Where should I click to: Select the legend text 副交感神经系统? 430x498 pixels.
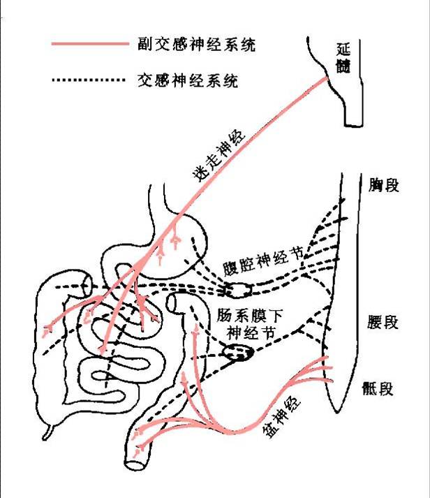pos(196,45)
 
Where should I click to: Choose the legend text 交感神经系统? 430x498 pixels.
pos(185,81)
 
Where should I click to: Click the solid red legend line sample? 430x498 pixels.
pos(91,45)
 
